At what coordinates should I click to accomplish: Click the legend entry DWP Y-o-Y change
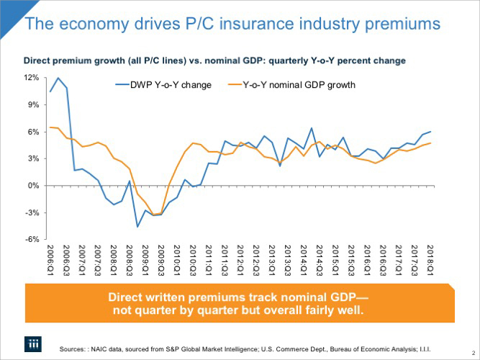171,85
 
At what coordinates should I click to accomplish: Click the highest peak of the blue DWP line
58,78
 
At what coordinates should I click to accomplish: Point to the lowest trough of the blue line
137,227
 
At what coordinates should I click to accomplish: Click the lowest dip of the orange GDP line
155,215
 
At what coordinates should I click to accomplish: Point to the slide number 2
473,351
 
